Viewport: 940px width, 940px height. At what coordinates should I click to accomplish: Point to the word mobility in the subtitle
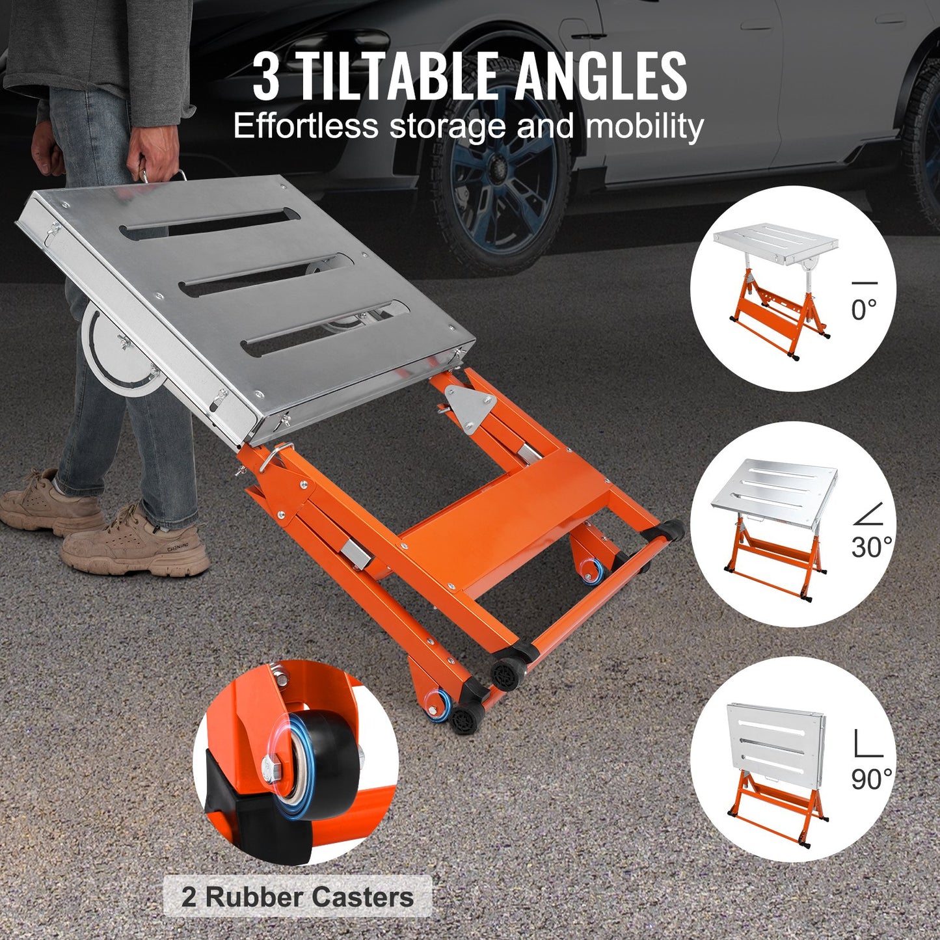(x=645, y=127)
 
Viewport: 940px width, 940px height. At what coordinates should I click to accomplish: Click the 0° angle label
(x=864, y=309)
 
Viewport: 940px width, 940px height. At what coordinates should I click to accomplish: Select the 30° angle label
(x=871, y=547)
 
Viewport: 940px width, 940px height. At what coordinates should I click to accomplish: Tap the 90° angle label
(x=871, y=778)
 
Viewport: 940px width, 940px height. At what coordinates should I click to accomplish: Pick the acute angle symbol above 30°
(x=868, y=513)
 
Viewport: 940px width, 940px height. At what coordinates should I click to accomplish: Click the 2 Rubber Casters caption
(x=297, y=897)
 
